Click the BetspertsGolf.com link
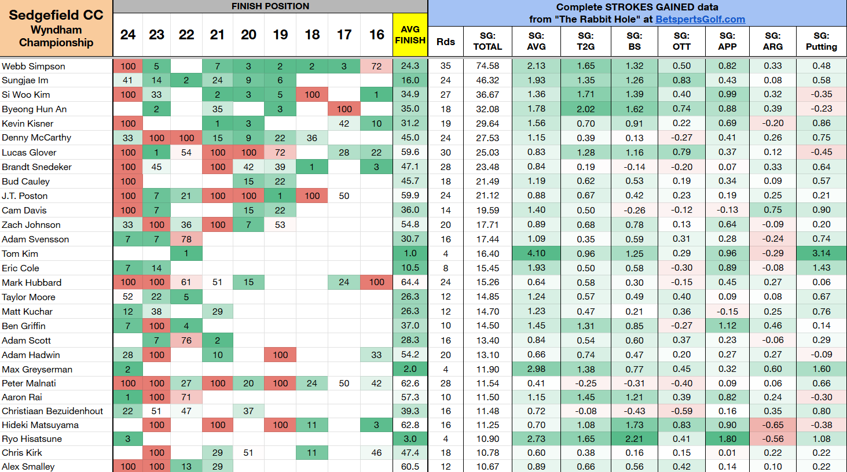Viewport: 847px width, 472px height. (700, 19)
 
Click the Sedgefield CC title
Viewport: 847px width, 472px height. (56, 15)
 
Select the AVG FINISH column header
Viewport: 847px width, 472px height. (410, 35)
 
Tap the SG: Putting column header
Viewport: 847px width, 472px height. (821, 41)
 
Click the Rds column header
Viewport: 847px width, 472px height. (446, 42)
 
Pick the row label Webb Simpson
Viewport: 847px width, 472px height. (34, 66)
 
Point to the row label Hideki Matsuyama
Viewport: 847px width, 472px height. (40, 425)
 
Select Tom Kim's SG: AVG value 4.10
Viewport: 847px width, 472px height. (536, 253)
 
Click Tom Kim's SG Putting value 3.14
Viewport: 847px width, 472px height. (821, 253)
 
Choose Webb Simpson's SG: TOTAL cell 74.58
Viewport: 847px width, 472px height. (487, 66)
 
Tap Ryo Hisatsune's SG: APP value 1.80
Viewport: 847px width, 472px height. (727, 438)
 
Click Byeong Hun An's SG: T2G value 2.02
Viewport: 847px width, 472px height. (585, 109)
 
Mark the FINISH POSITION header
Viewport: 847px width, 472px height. (270, 6)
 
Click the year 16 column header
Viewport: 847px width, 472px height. (376, 35)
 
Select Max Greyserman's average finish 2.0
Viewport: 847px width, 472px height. (410, 369)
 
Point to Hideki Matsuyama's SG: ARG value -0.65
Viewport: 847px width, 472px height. (772, 425)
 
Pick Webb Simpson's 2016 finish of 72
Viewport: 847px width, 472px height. (376, 66)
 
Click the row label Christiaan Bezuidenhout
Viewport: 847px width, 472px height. (52, 411)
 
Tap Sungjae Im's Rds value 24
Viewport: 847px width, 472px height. (446, 80)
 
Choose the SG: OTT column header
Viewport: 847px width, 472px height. (681, 41)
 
